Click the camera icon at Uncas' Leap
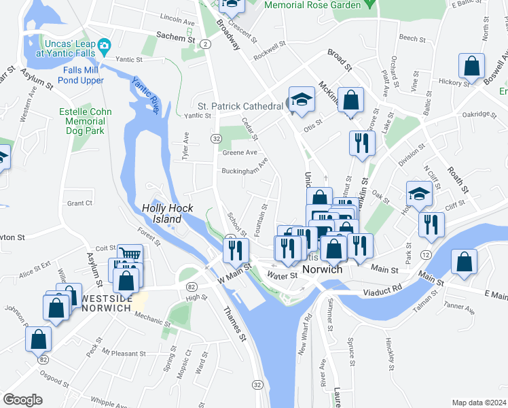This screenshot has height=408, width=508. [x=104, y=46]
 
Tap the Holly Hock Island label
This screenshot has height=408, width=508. [x=162, y=214]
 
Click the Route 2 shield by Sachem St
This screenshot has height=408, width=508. [x=204, y=44]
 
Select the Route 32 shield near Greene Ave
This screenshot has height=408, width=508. [x=215, y=139]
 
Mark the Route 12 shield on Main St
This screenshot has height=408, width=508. [x=424, y=254]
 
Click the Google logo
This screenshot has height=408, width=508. [x=22, y=399]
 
